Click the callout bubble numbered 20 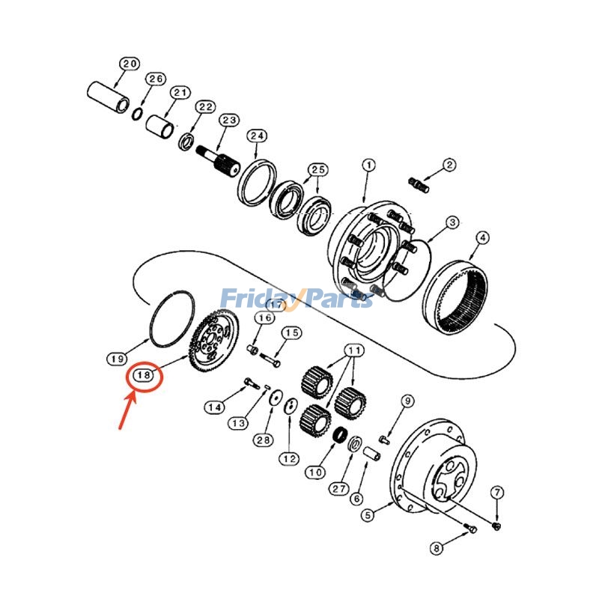point(130,64)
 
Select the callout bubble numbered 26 point(155,79)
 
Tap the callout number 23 point(228,120)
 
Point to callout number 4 point(483,237)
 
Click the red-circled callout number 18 point(144,375)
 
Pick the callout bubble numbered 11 point(353,350)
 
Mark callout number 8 point(437,549)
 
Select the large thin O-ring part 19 point(171,318)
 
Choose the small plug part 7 point(498,529)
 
